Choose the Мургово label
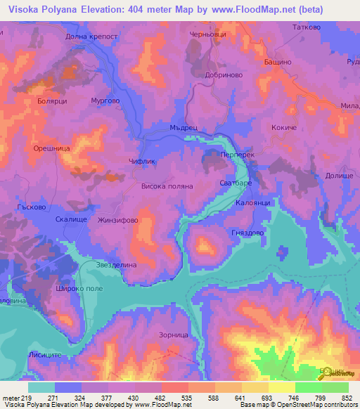point(105,100)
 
